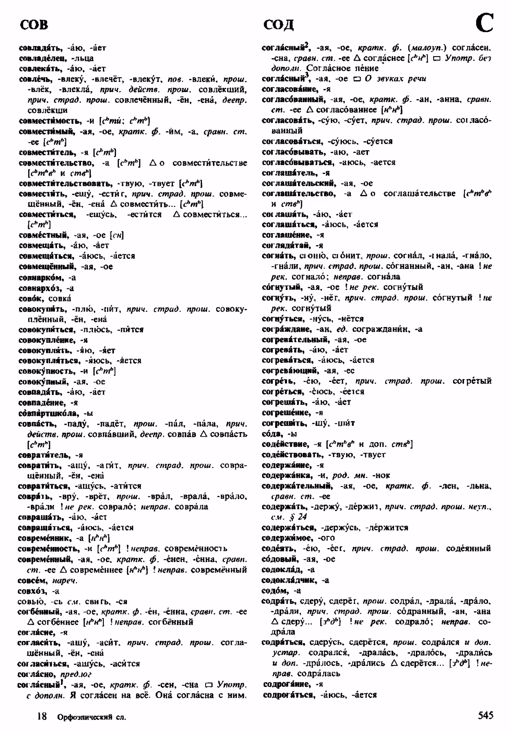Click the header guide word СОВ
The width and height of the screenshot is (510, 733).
click(34, 25)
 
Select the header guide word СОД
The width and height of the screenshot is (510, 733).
click(278, 25)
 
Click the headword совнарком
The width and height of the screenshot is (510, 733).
click(41, 277)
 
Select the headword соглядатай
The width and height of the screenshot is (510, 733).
click(286, 245)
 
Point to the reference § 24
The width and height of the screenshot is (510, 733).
click(299, 517)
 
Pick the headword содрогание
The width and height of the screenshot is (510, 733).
click(287, 684)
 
